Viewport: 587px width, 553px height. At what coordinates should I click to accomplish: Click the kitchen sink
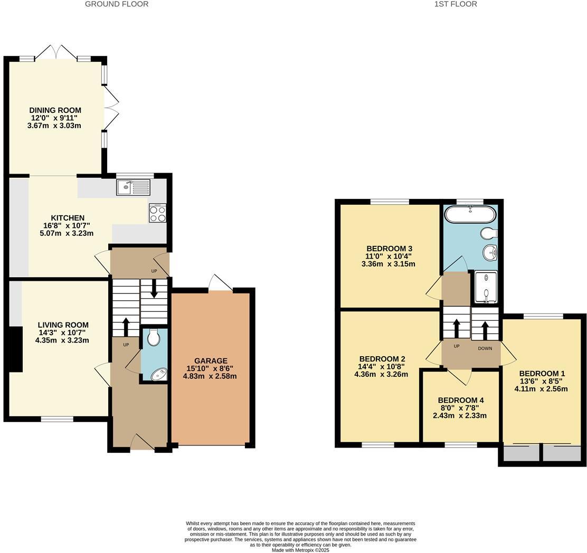[133, 187]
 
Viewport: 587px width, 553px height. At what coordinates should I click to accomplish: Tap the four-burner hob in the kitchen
[157, 213]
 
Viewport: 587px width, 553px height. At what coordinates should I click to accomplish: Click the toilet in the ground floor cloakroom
[154, 337]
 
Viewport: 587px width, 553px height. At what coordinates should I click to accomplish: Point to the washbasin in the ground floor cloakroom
[157, 375]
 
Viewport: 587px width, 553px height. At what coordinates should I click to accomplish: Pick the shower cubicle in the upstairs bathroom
[486, 287]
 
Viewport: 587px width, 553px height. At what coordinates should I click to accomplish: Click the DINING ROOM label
[55, 110]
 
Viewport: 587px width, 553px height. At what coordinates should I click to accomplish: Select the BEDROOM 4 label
[460, 400]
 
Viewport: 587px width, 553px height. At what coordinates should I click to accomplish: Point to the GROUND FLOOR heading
[117, 4]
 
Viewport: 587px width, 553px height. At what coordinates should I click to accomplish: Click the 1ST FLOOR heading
[456, 4]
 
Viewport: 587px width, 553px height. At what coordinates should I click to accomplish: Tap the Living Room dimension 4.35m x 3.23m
[62, 340]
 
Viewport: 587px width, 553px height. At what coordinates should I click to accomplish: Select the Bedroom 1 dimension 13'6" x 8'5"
[541, 382]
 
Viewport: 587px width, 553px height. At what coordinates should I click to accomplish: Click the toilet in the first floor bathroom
[488, 233]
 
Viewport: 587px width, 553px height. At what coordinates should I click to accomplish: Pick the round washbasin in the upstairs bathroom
[490, 253]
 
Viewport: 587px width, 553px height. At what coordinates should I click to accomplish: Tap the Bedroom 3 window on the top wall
[390, 201]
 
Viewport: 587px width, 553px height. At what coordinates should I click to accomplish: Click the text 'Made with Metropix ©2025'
[300, 550]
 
